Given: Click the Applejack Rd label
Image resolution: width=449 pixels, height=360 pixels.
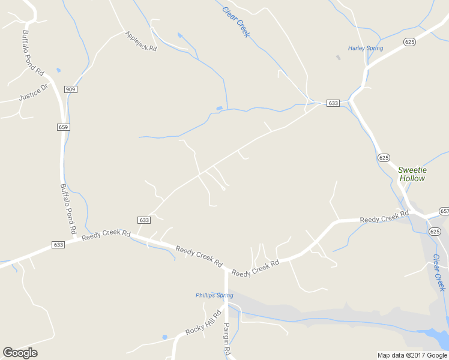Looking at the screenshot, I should [141, 41].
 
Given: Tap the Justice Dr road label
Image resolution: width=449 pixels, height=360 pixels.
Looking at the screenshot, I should [33, 94].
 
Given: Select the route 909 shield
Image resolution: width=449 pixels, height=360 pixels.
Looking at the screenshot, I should [71, 89].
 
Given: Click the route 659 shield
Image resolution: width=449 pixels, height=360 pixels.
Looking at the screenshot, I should [64, 127].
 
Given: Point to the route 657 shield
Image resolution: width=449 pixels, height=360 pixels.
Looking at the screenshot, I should [444, 211].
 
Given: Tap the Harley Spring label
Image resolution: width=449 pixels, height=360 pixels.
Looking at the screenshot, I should [365, 48].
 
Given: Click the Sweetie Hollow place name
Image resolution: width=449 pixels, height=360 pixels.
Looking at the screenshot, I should [412, 174].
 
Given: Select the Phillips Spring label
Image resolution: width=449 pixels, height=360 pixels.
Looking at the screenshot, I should [214, 295].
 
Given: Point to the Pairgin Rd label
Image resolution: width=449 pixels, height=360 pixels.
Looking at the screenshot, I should [228, 339].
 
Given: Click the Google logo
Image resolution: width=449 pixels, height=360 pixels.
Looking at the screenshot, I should [20, 353].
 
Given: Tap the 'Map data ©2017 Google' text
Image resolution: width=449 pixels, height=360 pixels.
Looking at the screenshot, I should [412, 355].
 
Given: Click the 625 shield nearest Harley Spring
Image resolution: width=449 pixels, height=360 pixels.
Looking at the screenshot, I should [410, 41].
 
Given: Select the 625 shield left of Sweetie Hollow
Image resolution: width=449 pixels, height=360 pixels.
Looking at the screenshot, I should [384, 157].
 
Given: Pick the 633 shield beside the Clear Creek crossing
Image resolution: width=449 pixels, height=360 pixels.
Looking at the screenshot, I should [333, 103].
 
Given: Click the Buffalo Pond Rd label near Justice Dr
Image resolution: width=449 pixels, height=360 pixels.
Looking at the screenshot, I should [33, 53].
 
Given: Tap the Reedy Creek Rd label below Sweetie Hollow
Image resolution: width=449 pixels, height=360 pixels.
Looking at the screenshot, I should [384, 217].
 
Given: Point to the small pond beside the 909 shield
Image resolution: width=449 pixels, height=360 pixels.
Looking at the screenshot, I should [58, 70].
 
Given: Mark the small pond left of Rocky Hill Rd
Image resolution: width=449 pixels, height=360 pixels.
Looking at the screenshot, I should [164, 337].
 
